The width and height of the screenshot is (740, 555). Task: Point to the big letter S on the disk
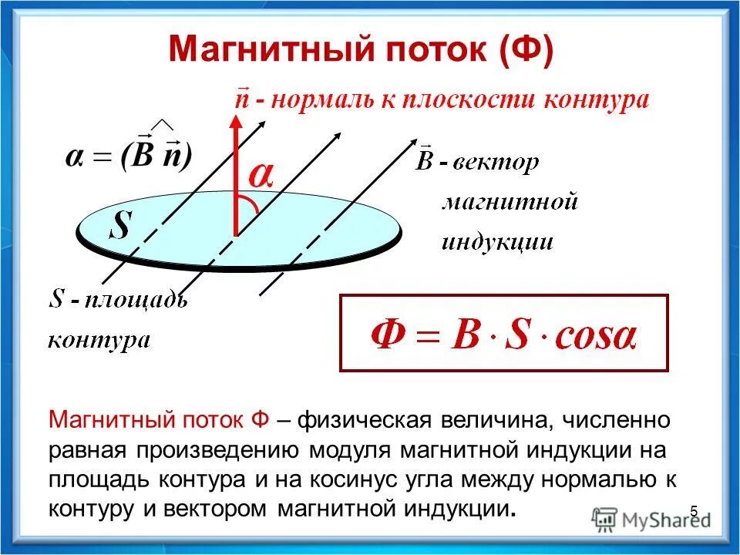click(x=121, y=226)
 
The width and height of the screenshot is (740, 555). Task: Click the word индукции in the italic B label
click(x=497, y=243)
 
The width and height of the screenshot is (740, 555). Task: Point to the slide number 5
click(x=694, y=511)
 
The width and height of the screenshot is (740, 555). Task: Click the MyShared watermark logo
click(x=651, y=519)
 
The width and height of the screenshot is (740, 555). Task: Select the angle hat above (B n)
click(x=162, y=126)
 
